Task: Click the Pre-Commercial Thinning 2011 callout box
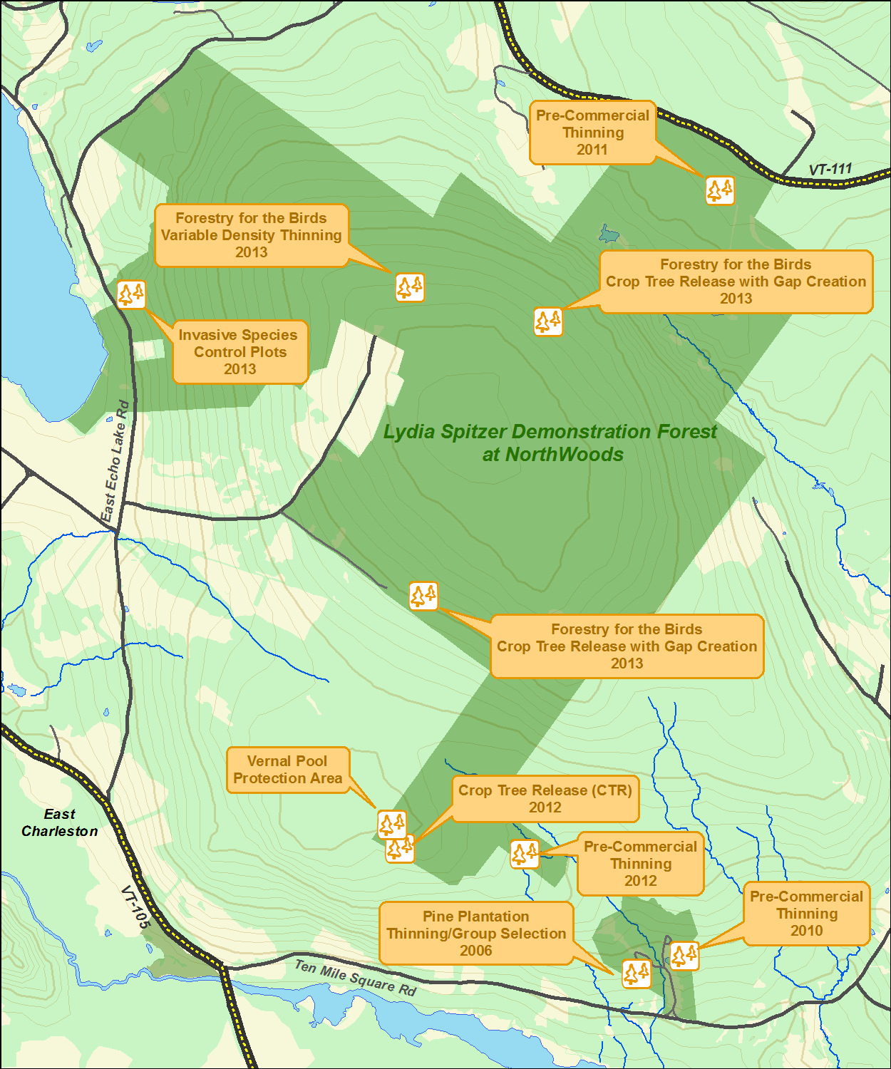click(x=592, y=133)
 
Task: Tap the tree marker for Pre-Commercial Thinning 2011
click(x=720, y=190)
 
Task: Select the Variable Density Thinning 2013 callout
click(x=251, y=235)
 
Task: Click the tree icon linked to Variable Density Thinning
click(x=410, y=287)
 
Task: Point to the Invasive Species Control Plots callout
click(x=240, y=352)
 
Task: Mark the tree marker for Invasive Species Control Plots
click(x=131, y=294)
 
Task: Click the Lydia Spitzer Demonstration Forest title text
click(x=550, y=443)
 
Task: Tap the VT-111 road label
click(x=830, y=170)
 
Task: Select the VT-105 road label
click(x=135, y=907)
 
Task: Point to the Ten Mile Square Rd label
click(x=355, y=977)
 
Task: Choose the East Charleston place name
click(x=59, y=822)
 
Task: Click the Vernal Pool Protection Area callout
click(x=287, y=770)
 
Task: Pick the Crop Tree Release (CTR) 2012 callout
click(x=545, y=799)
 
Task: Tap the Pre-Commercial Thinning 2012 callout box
click(x=640, y=864)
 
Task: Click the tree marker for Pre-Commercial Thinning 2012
click(x=524, y=853)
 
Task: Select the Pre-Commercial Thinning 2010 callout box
click(x=806, y=914)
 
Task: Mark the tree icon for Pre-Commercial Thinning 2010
click(x=684, y=955)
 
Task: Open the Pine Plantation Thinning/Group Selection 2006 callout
click(x=475, y=934)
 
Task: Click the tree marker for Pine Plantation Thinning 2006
click(x=636, y=973)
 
